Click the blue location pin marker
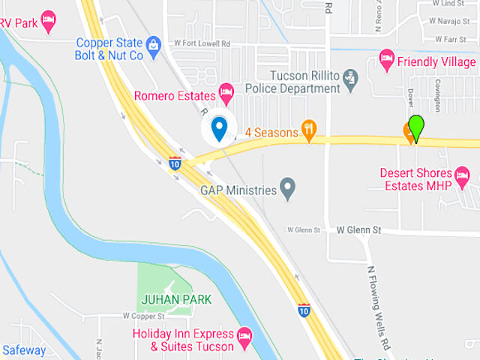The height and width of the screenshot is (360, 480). tap(219, 128)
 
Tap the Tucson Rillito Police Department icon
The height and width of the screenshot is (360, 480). tap(349, 77)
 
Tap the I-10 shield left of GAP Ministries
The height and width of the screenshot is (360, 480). tap(174, 163)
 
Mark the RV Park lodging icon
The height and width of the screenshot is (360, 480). tap(49, 20)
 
